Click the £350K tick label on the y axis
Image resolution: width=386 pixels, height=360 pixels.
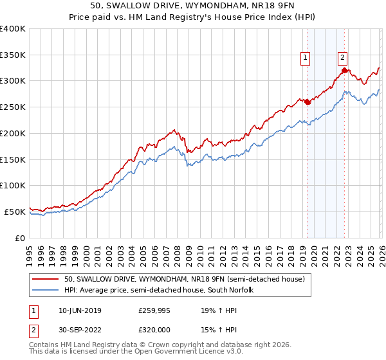click(13, 55)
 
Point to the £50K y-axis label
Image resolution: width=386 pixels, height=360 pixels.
click(15, 212)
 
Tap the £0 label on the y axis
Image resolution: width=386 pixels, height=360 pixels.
click(21, 238)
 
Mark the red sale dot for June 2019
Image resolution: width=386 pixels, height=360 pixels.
click(307, 102)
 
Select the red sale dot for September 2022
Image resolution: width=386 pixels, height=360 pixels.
click(344, 70)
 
